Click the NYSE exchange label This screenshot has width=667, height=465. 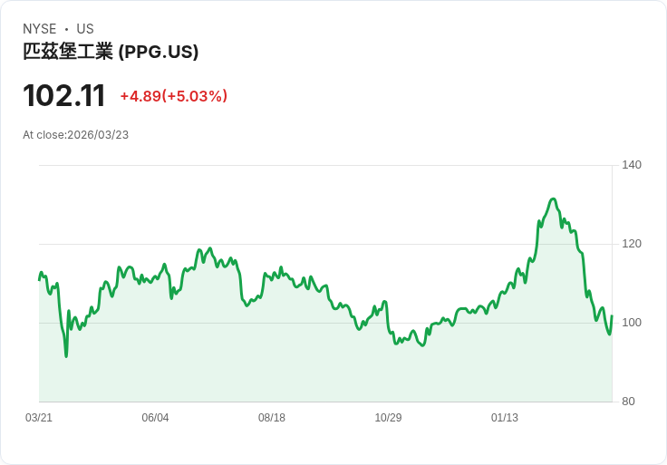[41, 29]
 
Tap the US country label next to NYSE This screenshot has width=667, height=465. [85, 29]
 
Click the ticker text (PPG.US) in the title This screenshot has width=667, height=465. [159, 52]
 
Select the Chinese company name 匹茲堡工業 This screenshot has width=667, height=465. [68, 52]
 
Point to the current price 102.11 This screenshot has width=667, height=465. [63, 96]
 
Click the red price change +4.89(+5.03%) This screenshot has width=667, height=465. [173, 96]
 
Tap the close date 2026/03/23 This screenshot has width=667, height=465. [98, 135]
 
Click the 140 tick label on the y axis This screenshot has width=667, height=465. [632, 165]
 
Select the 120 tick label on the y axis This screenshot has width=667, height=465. [632, 244]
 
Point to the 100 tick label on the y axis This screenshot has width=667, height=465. [632, 323]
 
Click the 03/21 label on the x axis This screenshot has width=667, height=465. [39, 418]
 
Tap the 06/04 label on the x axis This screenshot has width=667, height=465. [155, 418]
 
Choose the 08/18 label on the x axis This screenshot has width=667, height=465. [272, 418]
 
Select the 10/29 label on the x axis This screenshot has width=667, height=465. [388, 418]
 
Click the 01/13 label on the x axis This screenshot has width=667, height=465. [505, 418]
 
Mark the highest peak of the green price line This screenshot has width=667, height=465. [553, 199]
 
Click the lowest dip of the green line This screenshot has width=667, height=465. [66, 356]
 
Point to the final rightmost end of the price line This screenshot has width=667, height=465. [612, 316]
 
